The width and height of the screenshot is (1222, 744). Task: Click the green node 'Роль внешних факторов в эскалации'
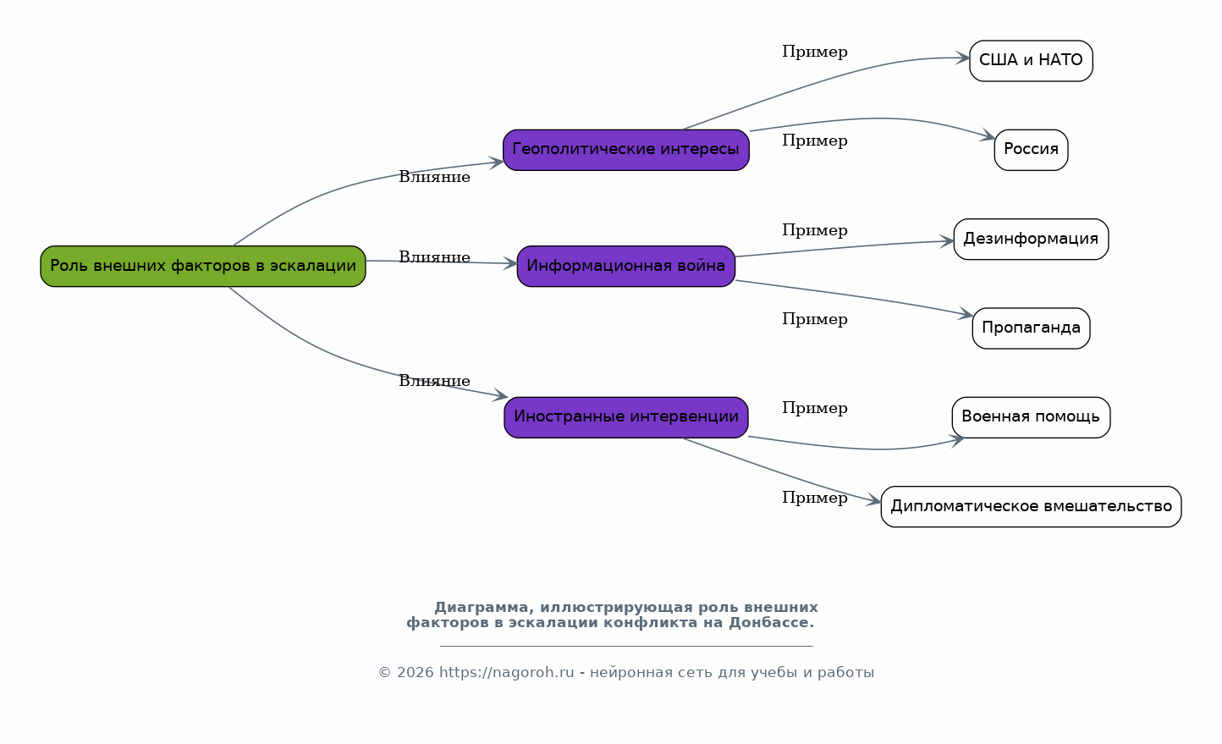pos(203,266)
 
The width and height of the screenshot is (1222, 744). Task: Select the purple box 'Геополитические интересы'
pos(625,150)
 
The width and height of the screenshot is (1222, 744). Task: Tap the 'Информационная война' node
pos(625,266)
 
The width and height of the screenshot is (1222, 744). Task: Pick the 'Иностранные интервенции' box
pos(625,417)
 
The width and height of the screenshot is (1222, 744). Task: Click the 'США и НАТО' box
pos(1031,61)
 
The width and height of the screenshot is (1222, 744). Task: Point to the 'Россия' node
pos(1031,150)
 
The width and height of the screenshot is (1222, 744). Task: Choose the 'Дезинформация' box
pos(1031,239)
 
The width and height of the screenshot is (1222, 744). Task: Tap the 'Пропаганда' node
pos(1031,328)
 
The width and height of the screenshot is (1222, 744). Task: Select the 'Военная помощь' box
pos(1031,417)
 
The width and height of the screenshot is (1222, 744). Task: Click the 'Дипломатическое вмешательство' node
pos(1031,507)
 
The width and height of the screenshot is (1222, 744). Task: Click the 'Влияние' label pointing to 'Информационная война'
pos(434,257)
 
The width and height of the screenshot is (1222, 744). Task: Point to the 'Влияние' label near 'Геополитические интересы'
pos(434,177)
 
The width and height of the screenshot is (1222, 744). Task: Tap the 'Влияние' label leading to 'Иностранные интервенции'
pos(434,381)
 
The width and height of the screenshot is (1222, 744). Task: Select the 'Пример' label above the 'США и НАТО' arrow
pos(814,52)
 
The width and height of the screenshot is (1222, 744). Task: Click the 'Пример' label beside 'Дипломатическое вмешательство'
pos(814,498)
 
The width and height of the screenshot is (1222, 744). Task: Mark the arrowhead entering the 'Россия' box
pos(988,135)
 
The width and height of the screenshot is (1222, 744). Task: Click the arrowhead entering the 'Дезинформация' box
pos(946,241)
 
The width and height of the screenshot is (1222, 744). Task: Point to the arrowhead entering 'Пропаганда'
pos(966,314)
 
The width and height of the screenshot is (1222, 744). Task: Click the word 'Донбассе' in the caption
pos(772,622)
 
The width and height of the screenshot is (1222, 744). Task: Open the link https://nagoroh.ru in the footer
pos(506,673)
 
